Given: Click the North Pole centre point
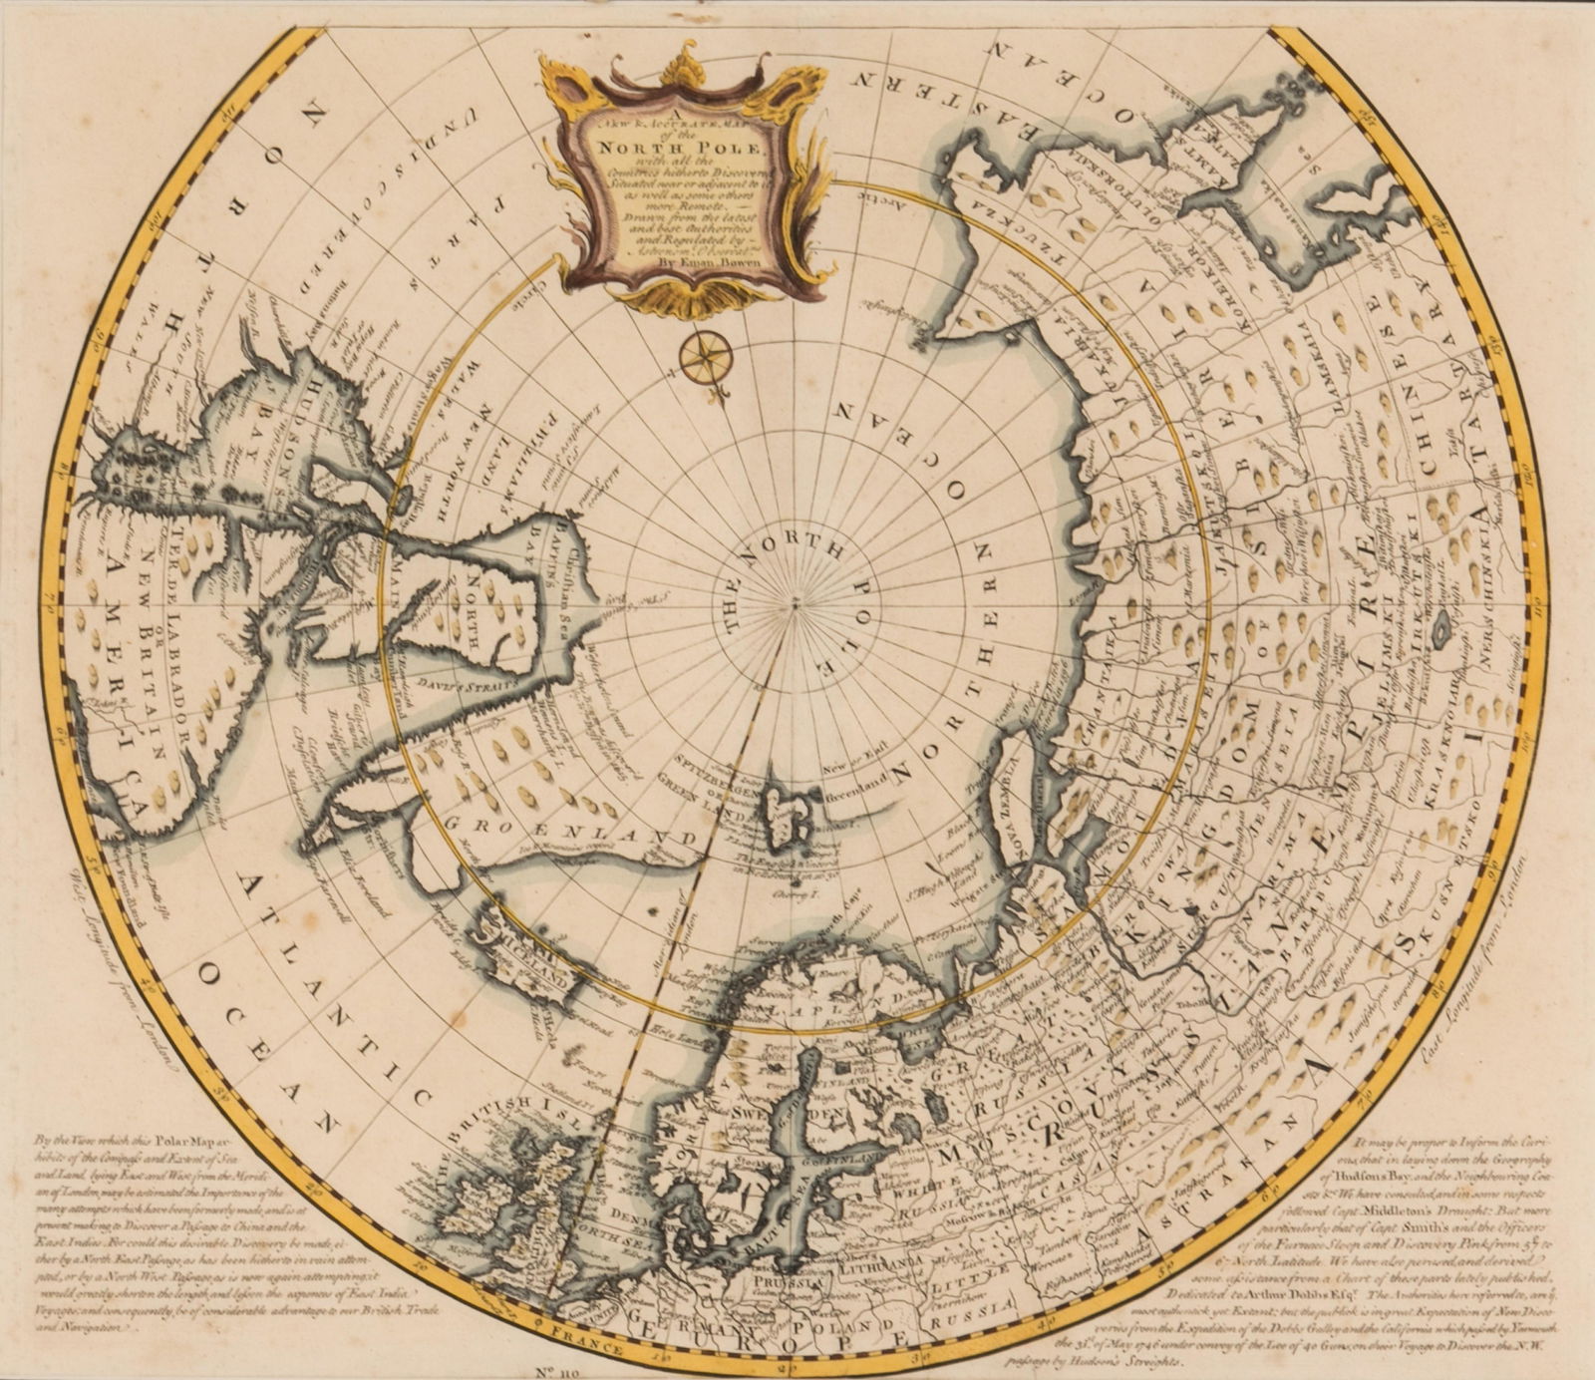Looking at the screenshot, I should (x=795, y=601).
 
